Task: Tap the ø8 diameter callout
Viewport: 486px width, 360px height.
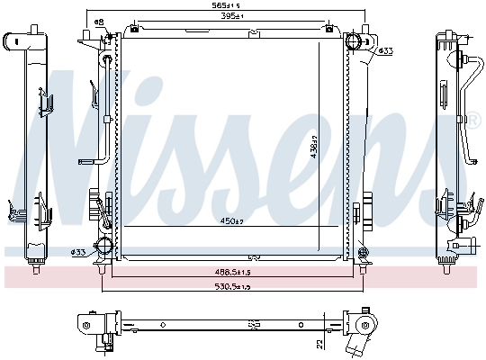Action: click(99, 21)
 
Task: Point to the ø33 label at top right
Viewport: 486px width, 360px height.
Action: click(385, 50)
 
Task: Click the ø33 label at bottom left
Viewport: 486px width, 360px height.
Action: click(78, 251)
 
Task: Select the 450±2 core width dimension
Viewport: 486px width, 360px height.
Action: click(231, 220)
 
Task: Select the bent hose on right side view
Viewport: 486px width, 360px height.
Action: click(465, 108)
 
